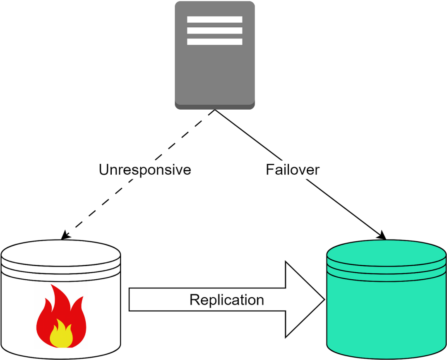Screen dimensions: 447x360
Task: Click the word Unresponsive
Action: [x=145, y=170]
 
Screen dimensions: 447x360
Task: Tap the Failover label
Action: [x=293, y=170]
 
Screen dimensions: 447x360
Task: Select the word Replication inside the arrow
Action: [x=227, y=300]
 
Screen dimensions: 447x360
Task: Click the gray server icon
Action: [x=215, y=55]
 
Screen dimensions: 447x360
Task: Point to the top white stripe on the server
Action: [x=215, y=19]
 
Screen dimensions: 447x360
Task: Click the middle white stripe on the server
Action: [x=215, y=31]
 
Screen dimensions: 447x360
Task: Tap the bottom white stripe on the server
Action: [x=215, y=42]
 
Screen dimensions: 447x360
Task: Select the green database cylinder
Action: [x=387, y=299]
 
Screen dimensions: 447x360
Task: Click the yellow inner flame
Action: [x=61, y=334]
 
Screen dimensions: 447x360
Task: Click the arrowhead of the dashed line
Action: [x=65, y=235]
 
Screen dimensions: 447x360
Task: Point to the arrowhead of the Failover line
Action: [x=382, y=235]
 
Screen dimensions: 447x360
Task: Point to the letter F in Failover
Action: [x=270, y=170]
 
